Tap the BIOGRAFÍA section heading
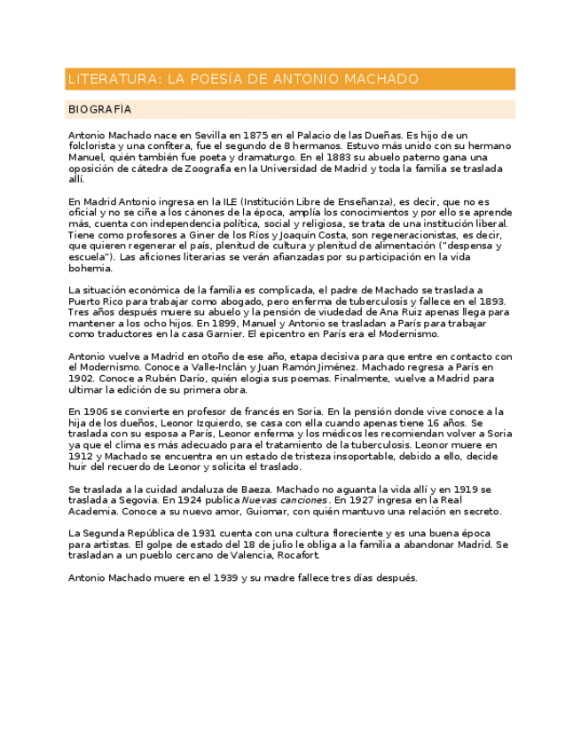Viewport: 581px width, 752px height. click(x=99, y=109)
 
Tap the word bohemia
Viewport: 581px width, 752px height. click(x=90, y=268)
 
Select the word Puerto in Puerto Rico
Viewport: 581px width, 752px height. click(x=86, y=302)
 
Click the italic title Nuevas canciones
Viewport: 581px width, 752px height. click(x=281, y=500)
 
